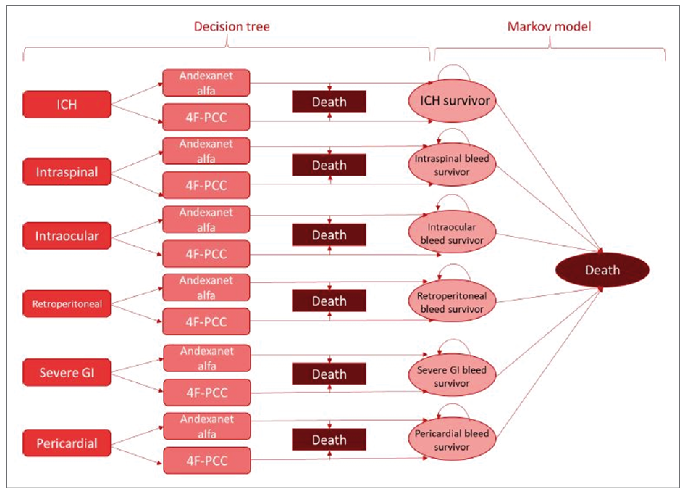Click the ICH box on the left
tap(67, 104)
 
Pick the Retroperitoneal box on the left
tap(67, 304)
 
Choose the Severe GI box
tap(67, 372)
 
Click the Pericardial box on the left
tap(67, 443)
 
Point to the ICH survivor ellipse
tap(452, 101)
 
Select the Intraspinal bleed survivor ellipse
tap(452, 165)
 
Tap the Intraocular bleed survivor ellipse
tap(452, 234)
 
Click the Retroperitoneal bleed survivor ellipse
tap(452, 302)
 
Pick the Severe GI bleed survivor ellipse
tap(452, 376)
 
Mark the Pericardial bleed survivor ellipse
tap(452, 440)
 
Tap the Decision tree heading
tap(232, 27)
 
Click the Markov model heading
tap(549, 27)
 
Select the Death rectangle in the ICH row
tap(329, 102)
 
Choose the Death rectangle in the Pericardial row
tap(329, 440)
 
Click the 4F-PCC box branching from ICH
tap(206, 117)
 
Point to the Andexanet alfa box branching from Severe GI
tap(207, 358)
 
